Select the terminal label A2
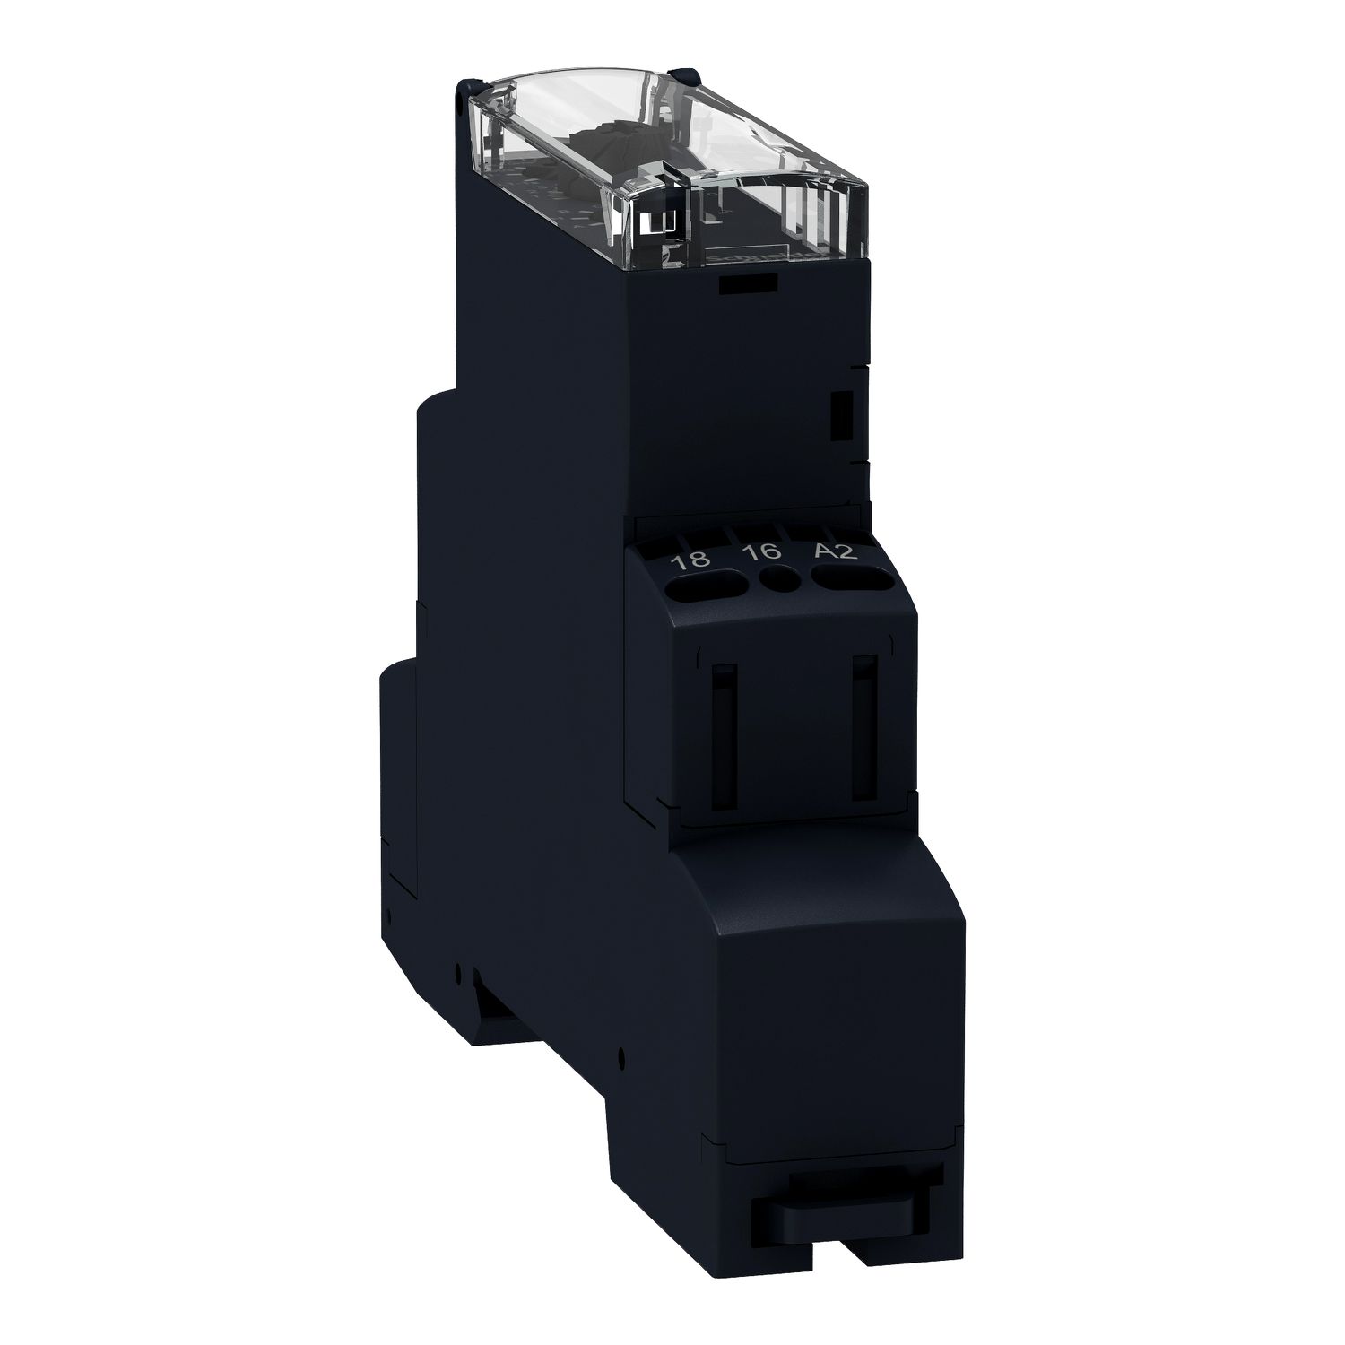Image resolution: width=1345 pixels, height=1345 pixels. pyautogui.click(x=837, y=551)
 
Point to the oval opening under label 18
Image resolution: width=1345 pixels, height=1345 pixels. pyautogui.click(x=709, y=588)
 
